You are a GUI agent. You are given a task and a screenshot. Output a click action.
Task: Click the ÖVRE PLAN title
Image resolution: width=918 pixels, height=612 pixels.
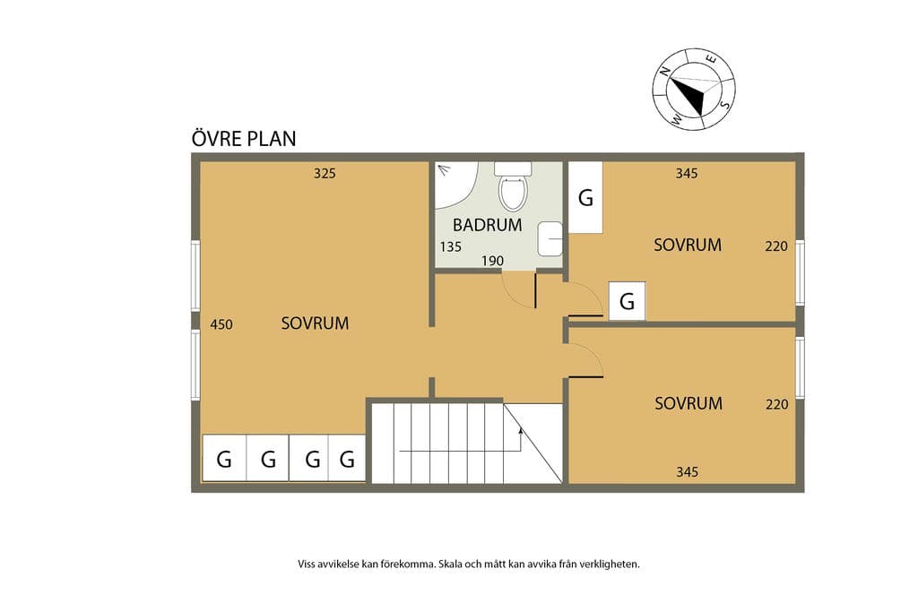click(x=244, y=138)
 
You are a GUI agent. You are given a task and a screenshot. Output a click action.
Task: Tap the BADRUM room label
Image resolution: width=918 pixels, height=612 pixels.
click(x=487, y=225)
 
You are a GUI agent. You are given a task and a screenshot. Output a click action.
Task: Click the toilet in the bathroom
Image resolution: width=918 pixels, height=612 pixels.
click(x=513, y=186)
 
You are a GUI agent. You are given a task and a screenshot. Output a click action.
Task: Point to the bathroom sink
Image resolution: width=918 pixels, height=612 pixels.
click(x=550, y=238)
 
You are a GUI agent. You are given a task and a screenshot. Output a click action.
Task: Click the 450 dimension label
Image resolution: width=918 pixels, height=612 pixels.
click(x=221, y=324)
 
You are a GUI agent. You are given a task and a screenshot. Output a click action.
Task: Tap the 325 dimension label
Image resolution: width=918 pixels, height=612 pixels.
click(x=325, y=173)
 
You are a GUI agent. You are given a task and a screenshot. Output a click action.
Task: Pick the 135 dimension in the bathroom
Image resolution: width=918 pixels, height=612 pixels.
click(x=450, y=247)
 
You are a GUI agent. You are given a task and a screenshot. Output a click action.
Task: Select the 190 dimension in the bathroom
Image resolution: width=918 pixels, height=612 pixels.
click(x=492, y=261)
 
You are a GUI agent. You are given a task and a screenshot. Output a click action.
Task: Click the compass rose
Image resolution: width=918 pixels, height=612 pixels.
click(x=694, y=89)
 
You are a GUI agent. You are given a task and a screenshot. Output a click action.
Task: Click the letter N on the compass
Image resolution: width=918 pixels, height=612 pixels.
click(x=665, y=72)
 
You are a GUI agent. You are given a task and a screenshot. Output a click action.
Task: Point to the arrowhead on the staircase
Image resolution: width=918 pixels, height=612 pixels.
click(x=521, y=431)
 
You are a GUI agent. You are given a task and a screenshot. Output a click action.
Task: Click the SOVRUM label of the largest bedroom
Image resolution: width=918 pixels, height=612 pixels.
click(x=315, y=323)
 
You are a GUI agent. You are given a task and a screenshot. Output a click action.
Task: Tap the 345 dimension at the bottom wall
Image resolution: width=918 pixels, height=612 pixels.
click(x=687, y=471)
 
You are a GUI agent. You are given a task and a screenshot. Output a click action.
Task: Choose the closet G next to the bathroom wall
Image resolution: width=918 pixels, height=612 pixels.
click(x=586, y=198)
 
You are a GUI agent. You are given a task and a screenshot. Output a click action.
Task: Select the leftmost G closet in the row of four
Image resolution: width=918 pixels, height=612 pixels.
click(x=224, y=458)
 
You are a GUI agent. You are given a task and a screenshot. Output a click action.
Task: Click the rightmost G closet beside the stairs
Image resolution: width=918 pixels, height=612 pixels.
click(x=347, y=458)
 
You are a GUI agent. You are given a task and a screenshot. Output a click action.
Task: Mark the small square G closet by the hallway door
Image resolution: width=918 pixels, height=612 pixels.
click(x=627, y=301)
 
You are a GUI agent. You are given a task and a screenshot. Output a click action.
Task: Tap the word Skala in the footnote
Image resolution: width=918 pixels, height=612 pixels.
click(x=451, y=564)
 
